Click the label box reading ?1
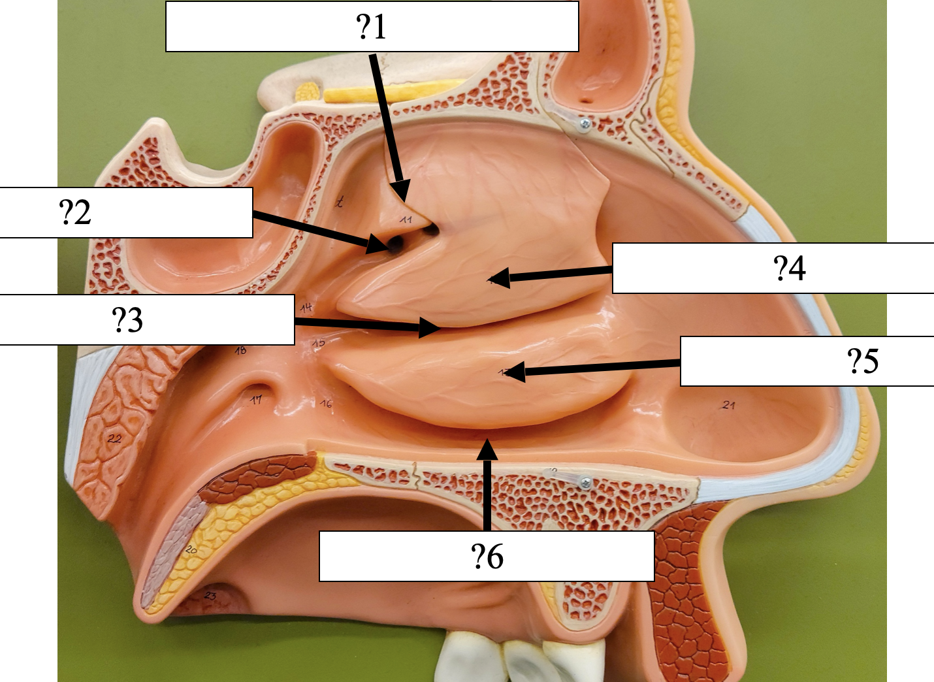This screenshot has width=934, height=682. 372,27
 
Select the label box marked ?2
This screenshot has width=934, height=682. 126,212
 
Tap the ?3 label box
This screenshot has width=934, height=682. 147,319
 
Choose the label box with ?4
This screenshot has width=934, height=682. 773,268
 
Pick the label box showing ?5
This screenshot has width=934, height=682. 807,361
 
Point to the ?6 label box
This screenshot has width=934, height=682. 487,556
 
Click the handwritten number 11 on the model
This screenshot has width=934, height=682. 406,219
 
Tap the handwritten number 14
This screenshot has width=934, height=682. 306,307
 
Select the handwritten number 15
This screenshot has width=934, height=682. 319,342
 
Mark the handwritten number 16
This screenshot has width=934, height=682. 326,404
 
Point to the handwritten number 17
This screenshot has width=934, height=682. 257,399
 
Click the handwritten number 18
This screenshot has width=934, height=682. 240,351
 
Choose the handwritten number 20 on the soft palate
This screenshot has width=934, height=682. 191,549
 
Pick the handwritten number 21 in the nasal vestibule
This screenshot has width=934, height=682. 729,405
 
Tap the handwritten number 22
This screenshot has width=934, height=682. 114,438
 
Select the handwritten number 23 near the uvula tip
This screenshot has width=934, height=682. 210,595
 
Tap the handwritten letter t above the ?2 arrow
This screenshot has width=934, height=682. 339,202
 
